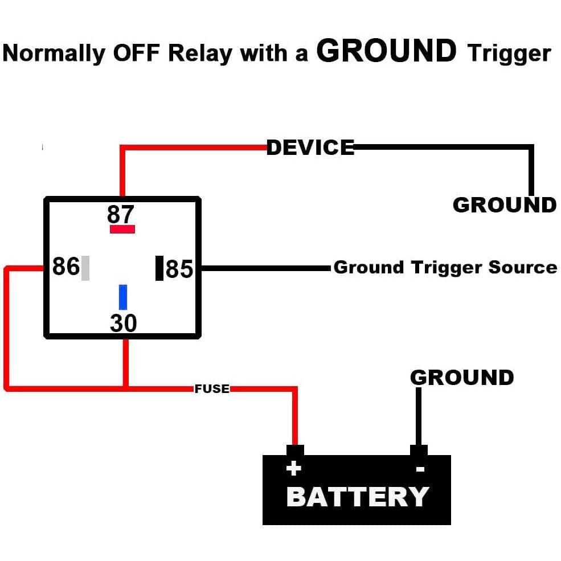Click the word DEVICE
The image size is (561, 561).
click(310, 148)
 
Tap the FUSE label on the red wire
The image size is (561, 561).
click(212, 388)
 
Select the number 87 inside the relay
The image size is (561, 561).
click(121, 214)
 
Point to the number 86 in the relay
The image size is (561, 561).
click(66, 266)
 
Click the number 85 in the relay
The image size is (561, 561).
click(179, 269)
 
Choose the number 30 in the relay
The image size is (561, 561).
click(123, 323)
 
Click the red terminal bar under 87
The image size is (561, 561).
click(122, 229)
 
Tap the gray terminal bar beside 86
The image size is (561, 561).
click(85, 268)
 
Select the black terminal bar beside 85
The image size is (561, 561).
click(159, 268)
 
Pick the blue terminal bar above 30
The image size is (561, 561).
click(122, 297)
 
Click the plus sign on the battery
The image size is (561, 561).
click(294, 468)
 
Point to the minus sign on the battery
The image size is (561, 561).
click(420, 469)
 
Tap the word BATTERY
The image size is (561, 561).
click(358, 497)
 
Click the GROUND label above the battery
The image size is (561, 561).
click(462, 378)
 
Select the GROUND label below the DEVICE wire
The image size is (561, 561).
click(505, 205)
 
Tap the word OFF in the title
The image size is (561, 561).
click(136, 53)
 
